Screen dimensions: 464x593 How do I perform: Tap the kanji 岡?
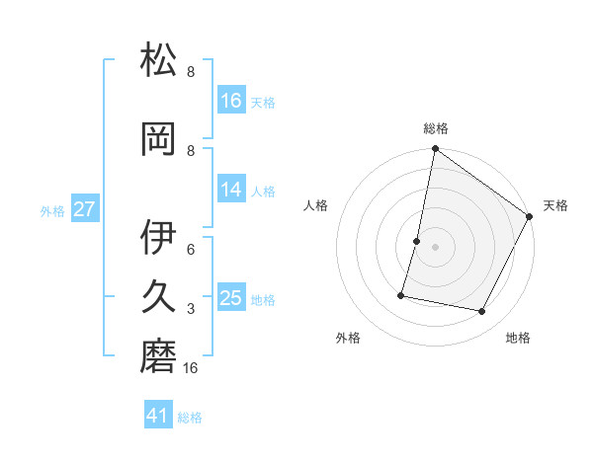point(159,140)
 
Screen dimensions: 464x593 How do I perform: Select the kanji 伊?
point(159,238)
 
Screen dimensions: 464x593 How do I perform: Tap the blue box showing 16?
point(231,100)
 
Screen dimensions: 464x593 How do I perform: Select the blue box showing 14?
point(231,190)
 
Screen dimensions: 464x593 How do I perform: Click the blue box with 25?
point(231,298)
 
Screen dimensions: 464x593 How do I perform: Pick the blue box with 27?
point(84,209)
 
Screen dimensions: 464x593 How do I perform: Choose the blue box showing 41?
point(158,416)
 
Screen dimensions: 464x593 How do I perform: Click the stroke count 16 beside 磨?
point(191,368)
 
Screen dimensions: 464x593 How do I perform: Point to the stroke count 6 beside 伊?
point(191,250)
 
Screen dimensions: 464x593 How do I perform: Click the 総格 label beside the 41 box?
point(190,418)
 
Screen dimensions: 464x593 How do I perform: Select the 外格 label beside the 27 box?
point(52,210)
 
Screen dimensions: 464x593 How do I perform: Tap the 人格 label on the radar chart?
point(316,205)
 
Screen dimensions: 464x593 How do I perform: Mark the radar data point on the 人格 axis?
point(417,241)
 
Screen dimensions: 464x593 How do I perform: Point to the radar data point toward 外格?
point(401,295)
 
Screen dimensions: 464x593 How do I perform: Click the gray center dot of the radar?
point(435,247)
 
